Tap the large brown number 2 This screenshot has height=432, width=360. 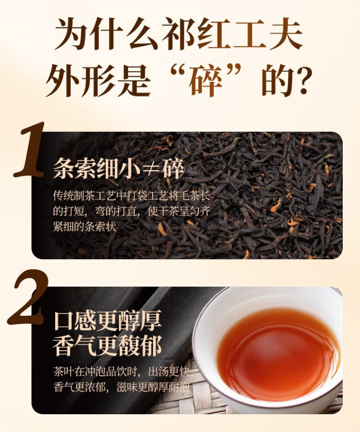tap(27, 297)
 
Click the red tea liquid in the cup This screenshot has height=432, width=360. tap(278, 355)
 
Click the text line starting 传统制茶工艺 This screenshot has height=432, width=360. tap(132, 196)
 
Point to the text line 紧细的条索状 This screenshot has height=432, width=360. tap(84, 227)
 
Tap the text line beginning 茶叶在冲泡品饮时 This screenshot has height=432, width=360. tap(121, 372)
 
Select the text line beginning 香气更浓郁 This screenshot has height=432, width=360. tap(121, 387)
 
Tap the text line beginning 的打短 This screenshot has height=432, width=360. tap(132, 211)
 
